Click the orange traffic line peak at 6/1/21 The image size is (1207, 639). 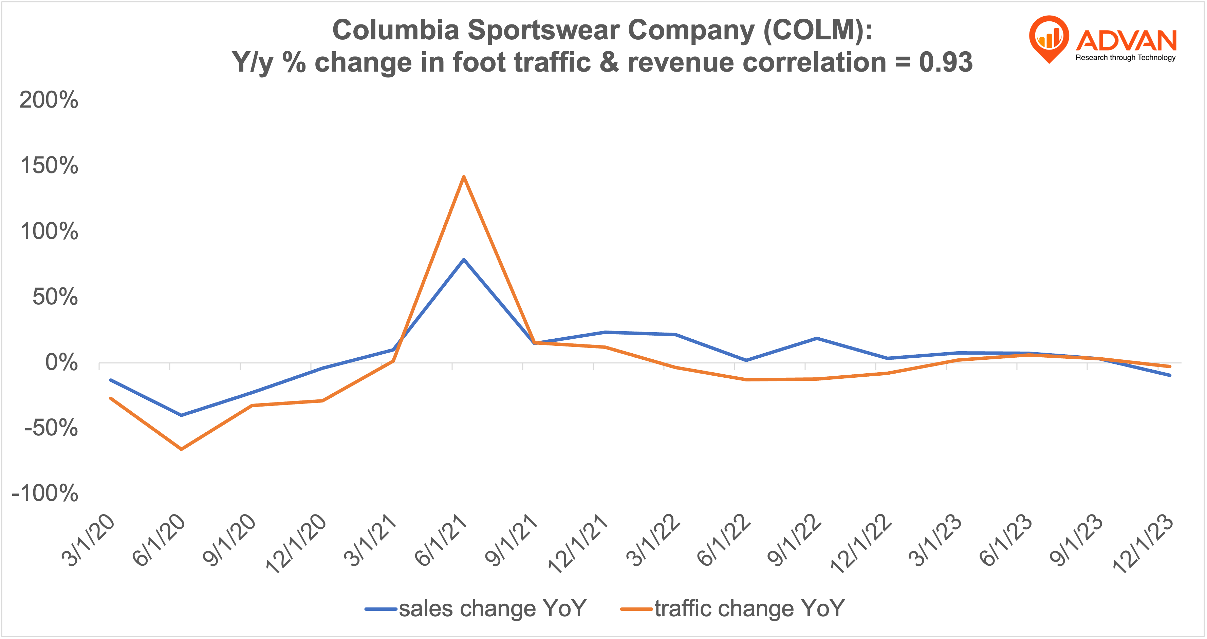pyautogui.click(x=463, y=177)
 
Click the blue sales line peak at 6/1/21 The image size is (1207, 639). pyautogui.click(x=463, y=260)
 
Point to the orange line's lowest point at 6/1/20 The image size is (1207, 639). pyautogui.click(x=181, y=449)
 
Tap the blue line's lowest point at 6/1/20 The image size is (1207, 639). pyautogui.click(x=181, y=415)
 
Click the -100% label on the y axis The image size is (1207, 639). pyautogui.click(x=45, y=493)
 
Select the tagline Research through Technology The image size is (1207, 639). pyautogui.click(x=1126, y=58)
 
